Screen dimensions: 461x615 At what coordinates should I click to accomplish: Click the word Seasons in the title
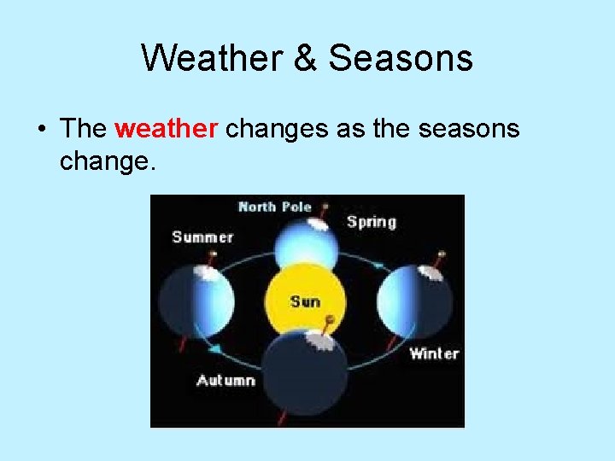[x=401, y=59]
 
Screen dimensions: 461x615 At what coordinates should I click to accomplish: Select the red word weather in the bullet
[x=167, y=129]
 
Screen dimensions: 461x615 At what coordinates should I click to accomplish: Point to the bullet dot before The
[x=42, y=130]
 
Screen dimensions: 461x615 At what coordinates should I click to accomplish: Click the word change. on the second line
[x=108, y=160]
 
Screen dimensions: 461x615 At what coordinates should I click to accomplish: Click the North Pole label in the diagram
[x=274, y=207]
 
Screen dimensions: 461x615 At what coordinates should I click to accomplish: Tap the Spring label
[x=371, y=222]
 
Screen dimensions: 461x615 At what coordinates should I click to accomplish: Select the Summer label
[x=202, y=236]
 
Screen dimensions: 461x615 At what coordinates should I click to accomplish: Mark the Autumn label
[x=225, y=380]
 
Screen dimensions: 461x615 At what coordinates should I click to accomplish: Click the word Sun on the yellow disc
[x=305, y=301]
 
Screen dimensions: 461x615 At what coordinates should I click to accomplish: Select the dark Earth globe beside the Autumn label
[x=305, y=371]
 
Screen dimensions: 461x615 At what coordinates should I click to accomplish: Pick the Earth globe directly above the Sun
[x=306, y=243]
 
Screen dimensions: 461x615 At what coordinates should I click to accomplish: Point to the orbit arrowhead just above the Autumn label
[x=217, y=350]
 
